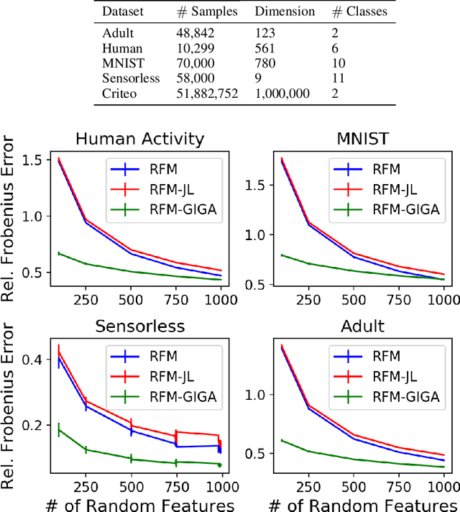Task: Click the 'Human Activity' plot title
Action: (139, 138)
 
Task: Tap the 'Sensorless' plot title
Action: (139, 326)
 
